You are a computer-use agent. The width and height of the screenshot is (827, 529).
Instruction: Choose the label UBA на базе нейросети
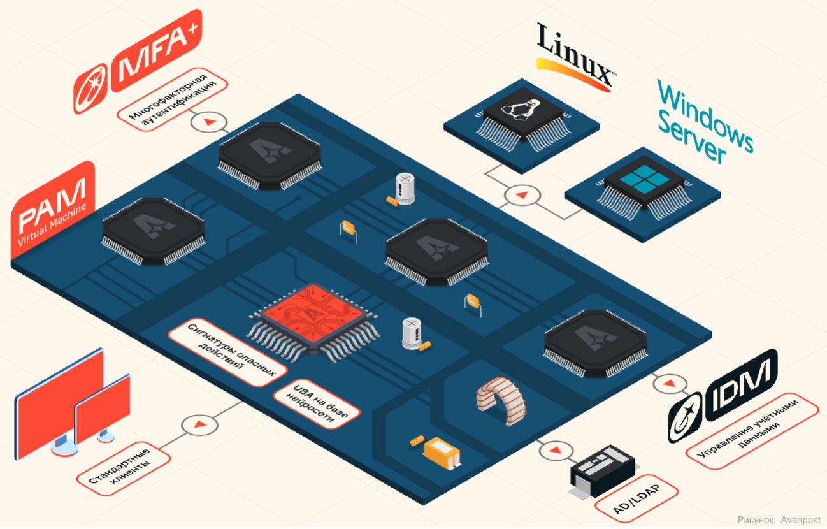[x=317, y=402]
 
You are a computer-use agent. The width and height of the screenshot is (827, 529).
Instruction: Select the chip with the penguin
[x=522, y=115]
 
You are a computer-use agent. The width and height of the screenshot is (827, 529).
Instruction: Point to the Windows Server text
[x=703, y=125]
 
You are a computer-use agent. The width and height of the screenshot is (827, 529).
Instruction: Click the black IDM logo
[x=723, y=395]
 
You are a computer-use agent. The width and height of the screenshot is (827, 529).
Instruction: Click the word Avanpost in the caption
[x=801, y=520]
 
